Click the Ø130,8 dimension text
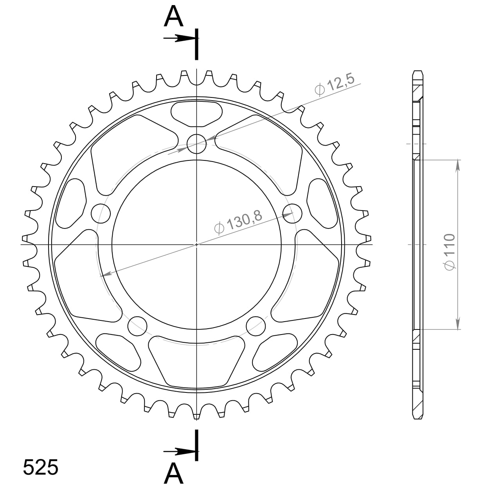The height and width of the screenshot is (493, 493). (238, 221)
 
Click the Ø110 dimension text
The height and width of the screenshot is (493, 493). (450, 251)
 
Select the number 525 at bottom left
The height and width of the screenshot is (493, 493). (41, 467)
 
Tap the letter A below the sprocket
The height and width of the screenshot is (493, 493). (173, 473)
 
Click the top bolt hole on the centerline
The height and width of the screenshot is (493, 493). (196, 144)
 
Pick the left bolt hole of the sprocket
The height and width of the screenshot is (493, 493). (101, 213)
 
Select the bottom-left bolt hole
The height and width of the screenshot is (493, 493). (138, 326)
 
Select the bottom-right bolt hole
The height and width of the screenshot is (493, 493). (256, 326)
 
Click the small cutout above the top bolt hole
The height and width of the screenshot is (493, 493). (197, 114)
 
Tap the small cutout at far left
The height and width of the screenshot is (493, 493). (72, 203)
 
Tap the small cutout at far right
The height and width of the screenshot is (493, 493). (322, 203)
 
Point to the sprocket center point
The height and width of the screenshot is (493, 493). (196, 245)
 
